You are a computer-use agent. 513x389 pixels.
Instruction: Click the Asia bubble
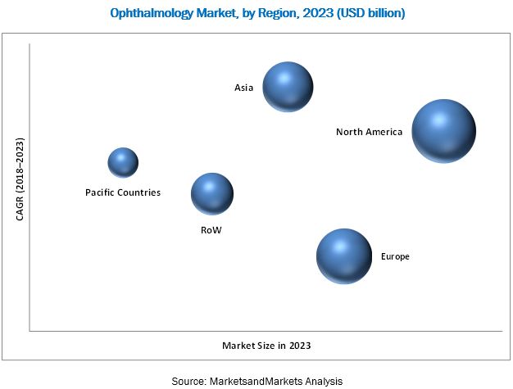point(288,87)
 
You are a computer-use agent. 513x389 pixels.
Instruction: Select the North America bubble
point(443,131)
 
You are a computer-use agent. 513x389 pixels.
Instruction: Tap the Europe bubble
point(344,256)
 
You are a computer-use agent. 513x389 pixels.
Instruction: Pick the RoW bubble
point(212,193)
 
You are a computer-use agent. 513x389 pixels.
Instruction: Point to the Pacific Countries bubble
point(123,162)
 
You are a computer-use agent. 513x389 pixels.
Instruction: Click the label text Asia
point(244,87)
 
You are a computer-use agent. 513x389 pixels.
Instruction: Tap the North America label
point(369,132)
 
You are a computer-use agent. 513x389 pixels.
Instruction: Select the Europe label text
point(395,257)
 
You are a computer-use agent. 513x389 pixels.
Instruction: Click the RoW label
point(211,230)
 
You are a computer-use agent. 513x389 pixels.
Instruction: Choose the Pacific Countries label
point(123,193)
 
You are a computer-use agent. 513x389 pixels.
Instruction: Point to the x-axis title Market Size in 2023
point(266,346)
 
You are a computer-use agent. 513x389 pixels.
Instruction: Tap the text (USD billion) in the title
point(365,14)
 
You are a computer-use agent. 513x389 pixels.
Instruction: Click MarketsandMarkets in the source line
point(258,381)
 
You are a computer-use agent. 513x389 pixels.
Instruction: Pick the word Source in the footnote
point(188,381)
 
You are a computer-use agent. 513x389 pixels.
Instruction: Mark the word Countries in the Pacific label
point(138,193)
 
